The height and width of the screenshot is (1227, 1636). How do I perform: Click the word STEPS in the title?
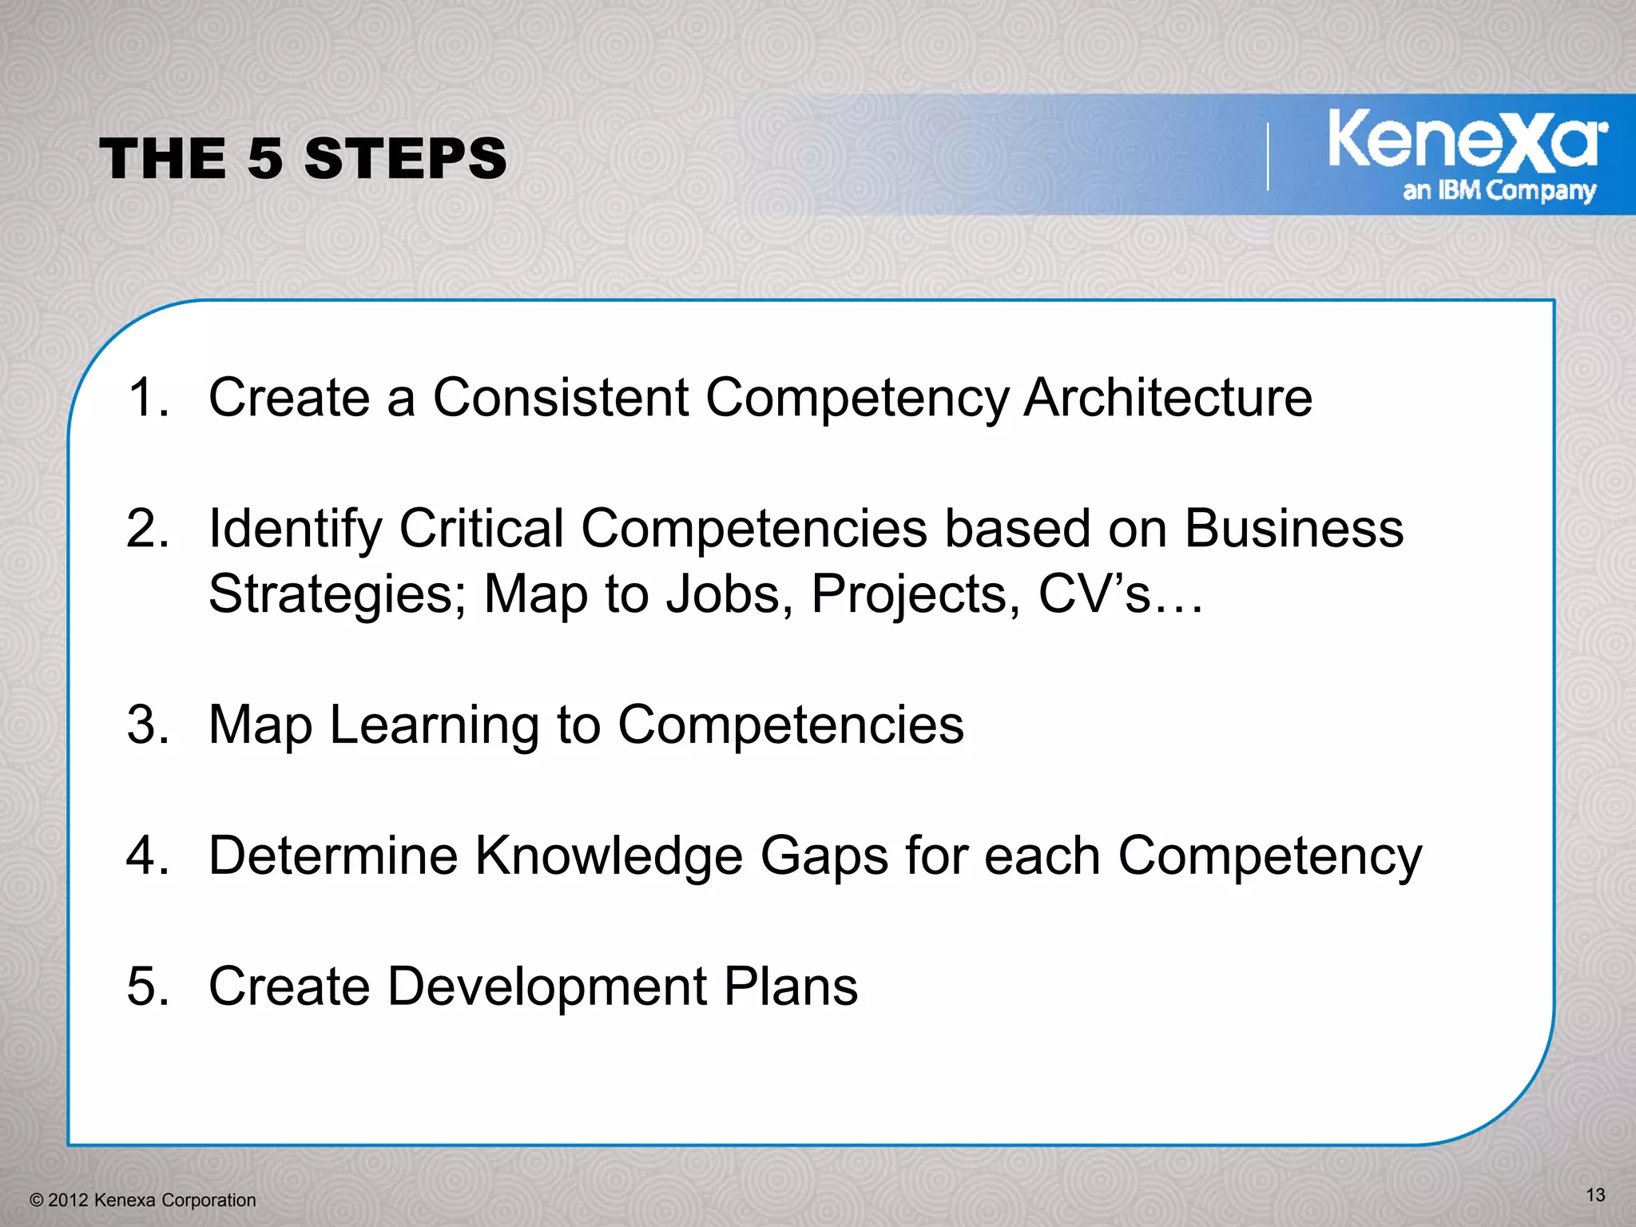[x=405, y=158]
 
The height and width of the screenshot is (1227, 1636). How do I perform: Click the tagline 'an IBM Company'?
[x=1499, y=191]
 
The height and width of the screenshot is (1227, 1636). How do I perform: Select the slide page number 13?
[x=1595, y=1195]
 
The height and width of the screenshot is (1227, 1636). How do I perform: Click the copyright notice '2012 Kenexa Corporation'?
[x=144, y=1200]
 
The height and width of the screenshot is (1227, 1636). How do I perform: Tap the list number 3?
[x=147, y=725]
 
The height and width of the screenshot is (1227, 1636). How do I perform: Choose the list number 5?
[x=147, y=986]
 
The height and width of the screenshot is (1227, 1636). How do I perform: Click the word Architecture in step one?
[x=1168, y=397]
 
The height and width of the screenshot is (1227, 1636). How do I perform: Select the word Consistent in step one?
[x=561, y=397]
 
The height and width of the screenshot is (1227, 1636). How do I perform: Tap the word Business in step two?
[x=1293, y=528]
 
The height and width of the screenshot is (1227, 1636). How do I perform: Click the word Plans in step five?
[x=791, y=986]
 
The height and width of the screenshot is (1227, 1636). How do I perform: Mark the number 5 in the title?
[x=265, y=158]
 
